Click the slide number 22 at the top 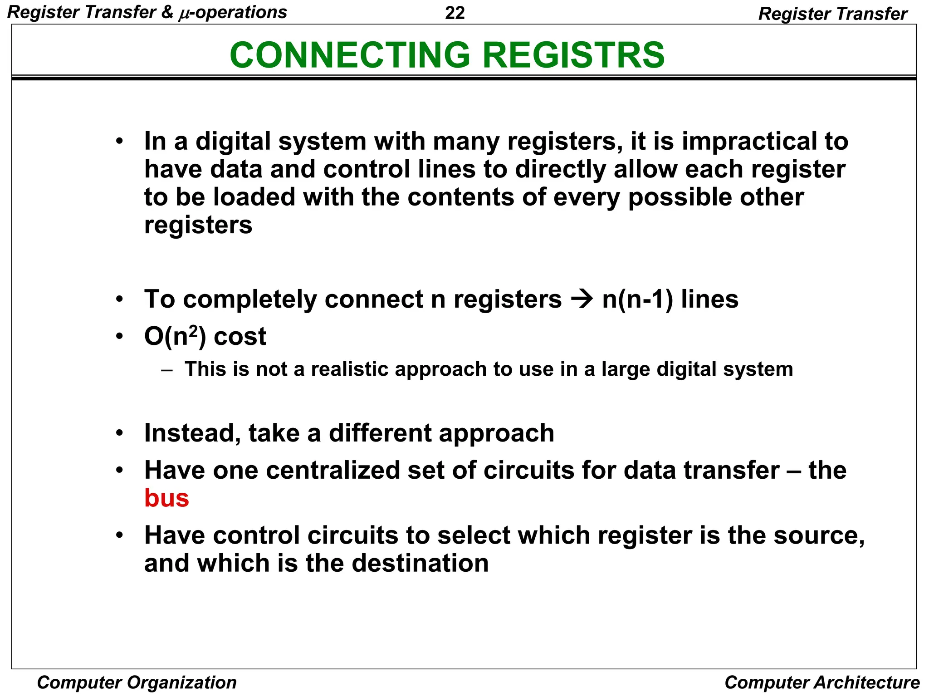(x=455, y=13)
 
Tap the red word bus (x=166, y=498)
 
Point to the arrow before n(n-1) (x=582, y=299)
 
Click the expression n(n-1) (x=638, y=299)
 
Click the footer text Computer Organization (x=137, y=682)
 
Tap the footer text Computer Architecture (x=822, y=682)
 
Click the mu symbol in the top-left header (x=183, y=14)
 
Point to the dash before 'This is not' (x=167, y=369)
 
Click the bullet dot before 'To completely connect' (x=119, y=299)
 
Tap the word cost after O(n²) (x=240, y=337)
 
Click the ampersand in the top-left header (x=167, y=13)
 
